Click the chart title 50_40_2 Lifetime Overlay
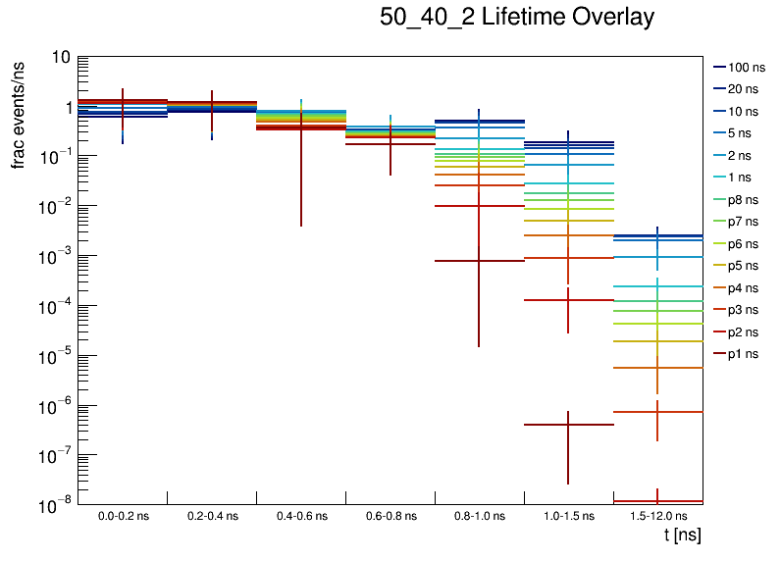[x=516, y=19]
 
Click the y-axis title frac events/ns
[x=19, y=114]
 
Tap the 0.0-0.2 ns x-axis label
[x=123, y=515]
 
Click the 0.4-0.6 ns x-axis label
[x=301, y=515]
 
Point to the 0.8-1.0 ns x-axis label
[x=479, y=515]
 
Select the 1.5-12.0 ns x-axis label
[x=657, y=515]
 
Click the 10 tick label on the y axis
[x=60, y=58]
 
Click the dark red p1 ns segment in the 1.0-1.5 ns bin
[x=545, y=425]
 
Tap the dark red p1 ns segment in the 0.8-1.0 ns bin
[x=456, y=261]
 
